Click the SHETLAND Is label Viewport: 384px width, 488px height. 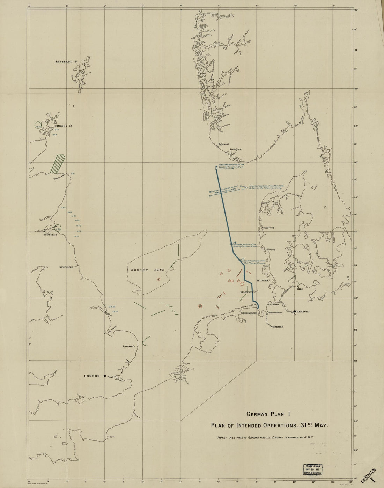[64, 62]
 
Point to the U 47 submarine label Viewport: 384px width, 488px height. [73, 173]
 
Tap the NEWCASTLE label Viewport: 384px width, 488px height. [66, 267]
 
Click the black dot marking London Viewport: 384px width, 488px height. [105, 376]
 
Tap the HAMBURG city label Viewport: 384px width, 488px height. [303, 311]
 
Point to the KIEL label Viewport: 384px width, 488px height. [300, 289]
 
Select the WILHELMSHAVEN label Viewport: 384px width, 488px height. [249, 313]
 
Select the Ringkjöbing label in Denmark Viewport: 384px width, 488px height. [268, 228]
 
